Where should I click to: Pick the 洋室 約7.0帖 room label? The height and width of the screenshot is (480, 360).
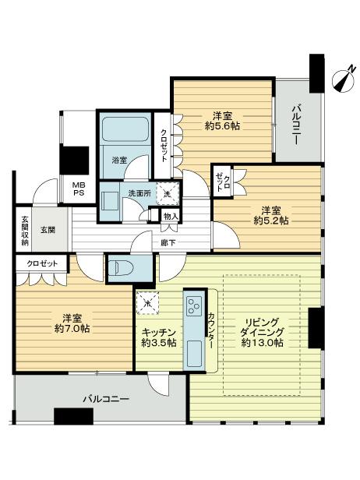[72, 323]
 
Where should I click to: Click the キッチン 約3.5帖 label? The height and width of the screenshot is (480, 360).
[158, 337]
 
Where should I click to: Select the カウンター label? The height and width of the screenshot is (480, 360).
[211, 330]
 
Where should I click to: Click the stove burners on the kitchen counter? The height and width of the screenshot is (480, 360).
[193, 305]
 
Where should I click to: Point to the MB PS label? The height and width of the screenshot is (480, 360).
[58, 190]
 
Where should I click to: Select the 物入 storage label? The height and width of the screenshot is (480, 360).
[171, 217]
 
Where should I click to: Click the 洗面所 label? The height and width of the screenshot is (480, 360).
[139, 192]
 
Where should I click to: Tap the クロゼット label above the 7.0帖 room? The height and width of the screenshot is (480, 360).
[42, 264]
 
